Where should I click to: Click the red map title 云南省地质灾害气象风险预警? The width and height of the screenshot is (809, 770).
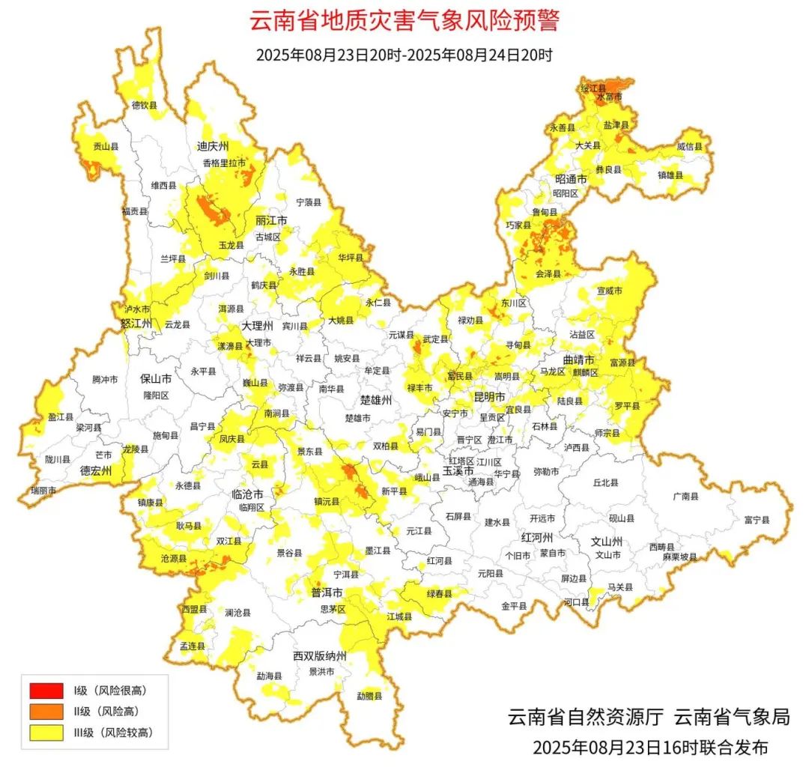pos(404,20)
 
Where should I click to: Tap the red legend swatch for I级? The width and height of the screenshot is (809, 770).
pos(46,691)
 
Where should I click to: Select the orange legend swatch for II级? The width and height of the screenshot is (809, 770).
pos(46,712)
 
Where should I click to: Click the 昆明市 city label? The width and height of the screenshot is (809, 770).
pos(489,395)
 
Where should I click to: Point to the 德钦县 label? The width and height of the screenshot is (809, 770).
pos(145,106)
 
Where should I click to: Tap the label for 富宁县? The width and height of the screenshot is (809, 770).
pos(757,519)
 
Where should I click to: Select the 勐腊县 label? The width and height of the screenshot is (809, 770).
pos(369,696)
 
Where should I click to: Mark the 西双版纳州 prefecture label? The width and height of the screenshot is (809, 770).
pos(320,656)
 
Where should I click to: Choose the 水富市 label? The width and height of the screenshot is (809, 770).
pos(609,97)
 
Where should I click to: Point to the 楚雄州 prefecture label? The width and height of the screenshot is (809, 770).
pos(376,401)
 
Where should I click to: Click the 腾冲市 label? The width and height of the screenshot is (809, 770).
pos(105,380)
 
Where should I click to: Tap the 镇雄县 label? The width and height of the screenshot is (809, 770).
pos(670,175)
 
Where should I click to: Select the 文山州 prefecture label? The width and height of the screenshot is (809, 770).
pos(607,540)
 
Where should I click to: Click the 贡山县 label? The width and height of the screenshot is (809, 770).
pos(106,147)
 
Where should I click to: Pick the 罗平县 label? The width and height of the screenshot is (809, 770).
pos(628,405)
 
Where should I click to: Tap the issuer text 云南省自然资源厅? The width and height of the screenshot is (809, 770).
pos(585,717)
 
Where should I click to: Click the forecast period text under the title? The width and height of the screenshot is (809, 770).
pos(404,55)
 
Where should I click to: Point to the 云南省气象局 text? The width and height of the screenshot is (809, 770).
pos(732,717)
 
